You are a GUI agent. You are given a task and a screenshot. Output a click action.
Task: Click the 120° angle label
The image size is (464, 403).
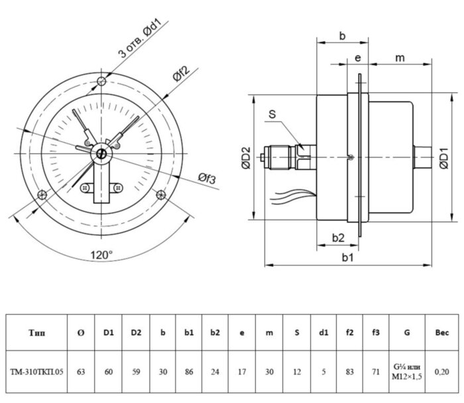tap(101, 254)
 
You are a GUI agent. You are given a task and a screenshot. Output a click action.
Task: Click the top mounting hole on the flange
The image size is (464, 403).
tap(101, 81)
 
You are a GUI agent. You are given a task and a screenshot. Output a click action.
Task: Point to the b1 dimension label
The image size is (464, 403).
tap(347, 258)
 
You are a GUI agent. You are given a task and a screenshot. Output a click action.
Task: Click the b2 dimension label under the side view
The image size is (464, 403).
tap(337, 237)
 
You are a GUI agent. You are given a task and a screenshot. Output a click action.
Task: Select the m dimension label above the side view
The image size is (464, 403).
tap(400, 58)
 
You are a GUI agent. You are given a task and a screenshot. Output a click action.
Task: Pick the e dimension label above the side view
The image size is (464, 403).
tap(357, 58)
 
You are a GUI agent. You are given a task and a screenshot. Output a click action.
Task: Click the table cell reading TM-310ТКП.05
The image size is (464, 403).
tap(37, 372)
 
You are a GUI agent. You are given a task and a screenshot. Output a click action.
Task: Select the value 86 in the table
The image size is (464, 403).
tap(189, 372)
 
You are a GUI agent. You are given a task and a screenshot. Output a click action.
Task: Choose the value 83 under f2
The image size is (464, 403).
tap(349, 372)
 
